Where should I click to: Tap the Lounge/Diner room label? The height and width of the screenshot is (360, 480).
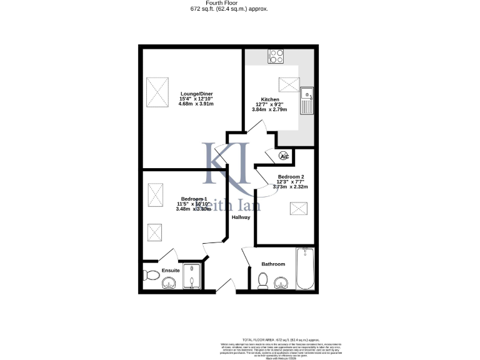point(196,93)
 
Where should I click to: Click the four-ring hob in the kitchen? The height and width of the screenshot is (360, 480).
point(276,56)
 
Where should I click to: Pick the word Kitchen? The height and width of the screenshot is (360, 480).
point(270,99)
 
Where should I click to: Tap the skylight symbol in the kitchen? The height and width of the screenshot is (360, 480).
point(289,83)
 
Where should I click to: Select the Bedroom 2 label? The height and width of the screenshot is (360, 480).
point(291,176)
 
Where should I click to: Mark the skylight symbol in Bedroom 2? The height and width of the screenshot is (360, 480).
point(298,209)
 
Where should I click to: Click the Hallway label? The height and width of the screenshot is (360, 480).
point(241,217)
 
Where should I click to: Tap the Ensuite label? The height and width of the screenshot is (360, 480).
point(171,270)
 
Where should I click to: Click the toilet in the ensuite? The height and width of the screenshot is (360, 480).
point(150,275)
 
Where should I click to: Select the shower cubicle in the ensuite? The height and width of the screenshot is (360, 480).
point(194,276)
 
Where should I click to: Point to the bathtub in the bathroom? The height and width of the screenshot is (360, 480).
point(306,269)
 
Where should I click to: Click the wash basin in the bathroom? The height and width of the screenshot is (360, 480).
point(282,282)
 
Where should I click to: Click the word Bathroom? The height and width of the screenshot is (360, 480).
point(273,264)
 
